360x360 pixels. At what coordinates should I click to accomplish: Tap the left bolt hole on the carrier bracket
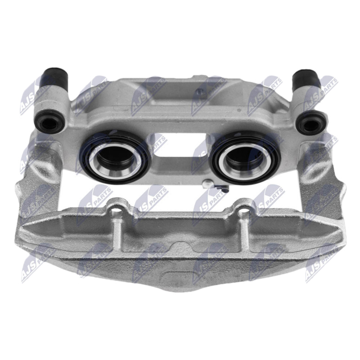click(x=118, y=211)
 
